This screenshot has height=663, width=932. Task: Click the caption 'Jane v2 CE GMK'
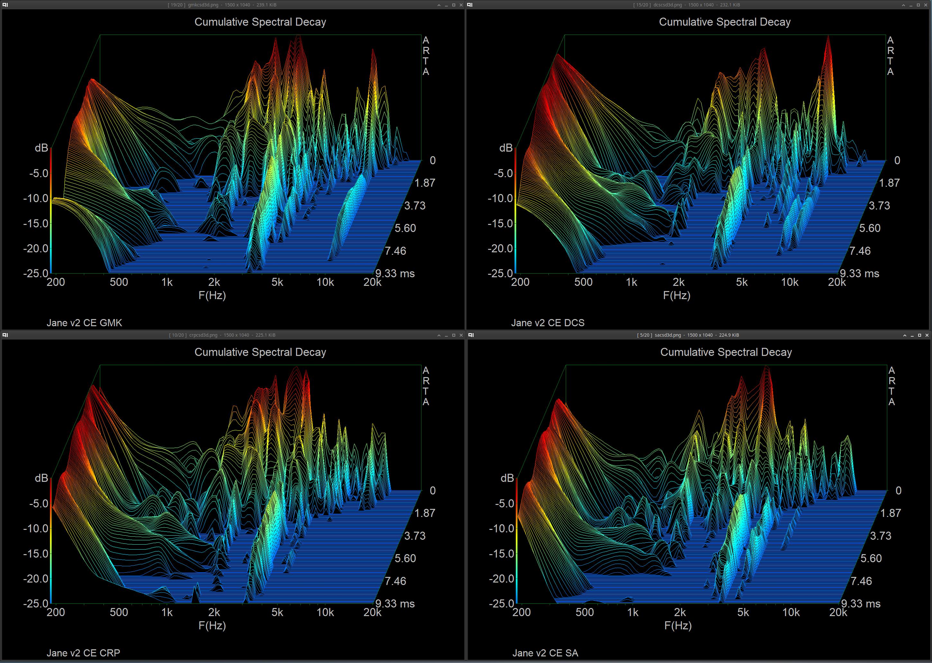pos(84,323)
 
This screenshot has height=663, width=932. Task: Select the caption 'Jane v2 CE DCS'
pos(547,323)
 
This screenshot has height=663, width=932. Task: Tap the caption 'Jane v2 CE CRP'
pos(83,653)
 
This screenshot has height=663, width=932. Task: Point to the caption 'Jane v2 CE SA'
pos(545,653)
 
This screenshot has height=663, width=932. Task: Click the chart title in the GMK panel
pos(260,22)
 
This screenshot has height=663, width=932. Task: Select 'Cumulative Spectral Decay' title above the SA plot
pos(726,352)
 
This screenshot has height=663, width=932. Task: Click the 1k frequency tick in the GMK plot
pos(167,282)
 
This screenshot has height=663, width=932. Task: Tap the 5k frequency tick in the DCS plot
pos(742,282)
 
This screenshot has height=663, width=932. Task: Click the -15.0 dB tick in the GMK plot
pos(36,224)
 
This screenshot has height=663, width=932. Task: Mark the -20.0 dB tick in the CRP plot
pos(36,579)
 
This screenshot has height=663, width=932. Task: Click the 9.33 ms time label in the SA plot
pos(861,604)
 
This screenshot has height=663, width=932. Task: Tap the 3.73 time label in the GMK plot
pos(415,205)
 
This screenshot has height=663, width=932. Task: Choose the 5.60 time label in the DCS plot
pos(870,228)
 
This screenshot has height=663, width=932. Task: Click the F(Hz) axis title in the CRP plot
pos(212,625)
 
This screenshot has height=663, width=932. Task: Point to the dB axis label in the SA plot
pos(507,478)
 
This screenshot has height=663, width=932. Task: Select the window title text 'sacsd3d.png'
pos(667,335)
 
